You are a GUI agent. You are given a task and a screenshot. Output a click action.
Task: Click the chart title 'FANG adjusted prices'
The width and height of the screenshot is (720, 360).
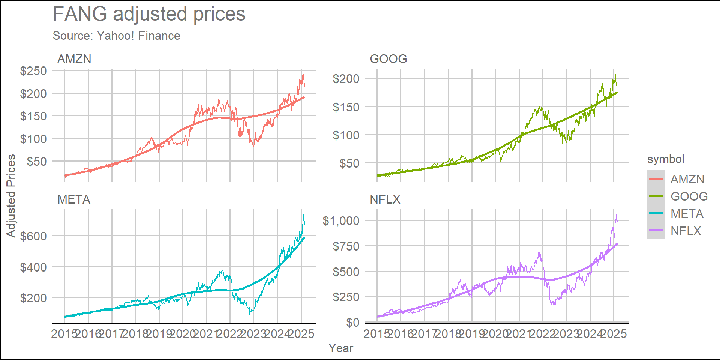coord(149,14)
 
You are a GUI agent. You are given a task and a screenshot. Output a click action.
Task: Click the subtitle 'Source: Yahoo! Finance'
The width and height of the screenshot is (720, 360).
coord(116,36)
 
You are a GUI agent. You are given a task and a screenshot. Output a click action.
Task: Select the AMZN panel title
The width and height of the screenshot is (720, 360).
coord(74,59)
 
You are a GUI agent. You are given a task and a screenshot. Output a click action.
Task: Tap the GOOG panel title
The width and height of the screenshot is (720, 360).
coord(388,59)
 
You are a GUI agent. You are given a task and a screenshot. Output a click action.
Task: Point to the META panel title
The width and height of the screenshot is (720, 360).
coord(74,199)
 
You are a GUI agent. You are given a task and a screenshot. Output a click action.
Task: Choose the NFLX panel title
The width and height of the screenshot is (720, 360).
coord(385,199)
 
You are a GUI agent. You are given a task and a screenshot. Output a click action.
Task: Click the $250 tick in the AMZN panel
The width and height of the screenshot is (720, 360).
coord(33,71)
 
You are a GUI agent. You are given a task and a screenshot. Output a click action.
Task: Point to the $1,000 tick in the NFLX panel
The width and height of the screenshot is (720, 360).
coord(341,220)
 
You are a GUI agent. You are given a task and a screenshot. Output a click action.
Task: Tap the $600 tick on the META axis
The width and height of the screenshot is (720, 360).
coord(33,236)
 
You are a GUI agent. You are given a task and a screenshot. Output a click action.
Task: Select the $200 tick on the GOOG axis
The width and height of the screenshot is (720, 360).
coord(346,79)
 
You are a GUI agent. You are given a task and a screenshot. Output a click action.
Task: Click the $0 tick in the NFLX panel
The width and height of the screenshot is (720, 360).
coord(352,322)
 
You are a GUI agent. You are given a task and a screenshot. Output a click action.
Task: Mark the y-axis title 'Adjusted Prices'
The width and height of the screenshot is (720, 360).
coord(11,196)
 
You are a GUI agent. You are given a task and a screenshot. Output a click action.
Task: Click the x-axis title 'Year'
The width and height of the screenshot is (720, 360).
coord(340,348)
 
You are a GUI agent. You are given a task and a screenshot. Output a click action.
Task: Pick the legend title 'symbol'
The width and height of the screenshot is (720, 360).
coord(666,159)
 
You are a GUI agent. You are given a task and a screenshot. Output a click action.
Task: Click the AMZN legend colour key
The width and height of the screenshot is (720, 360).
coord(655,179)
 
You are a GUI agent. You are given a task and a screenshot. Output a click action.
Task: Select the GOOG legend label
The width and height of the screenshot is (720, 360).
coord(689,196)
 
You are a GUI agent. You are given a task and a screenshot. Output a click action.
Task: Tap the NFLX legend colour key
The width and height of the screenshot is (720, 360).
coord(655,231)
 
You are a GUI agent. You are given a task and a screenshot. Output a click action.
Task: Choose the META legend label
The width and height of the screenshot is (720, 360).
coord(687,213)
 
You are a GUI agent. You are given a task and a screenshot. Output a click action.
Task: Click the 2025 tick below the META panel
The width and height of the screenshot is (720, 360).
coord(301,333)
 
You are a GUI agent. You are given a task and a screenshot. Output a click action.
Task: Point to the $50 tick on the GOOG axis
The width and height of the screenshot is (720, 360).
coord(349,163)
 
